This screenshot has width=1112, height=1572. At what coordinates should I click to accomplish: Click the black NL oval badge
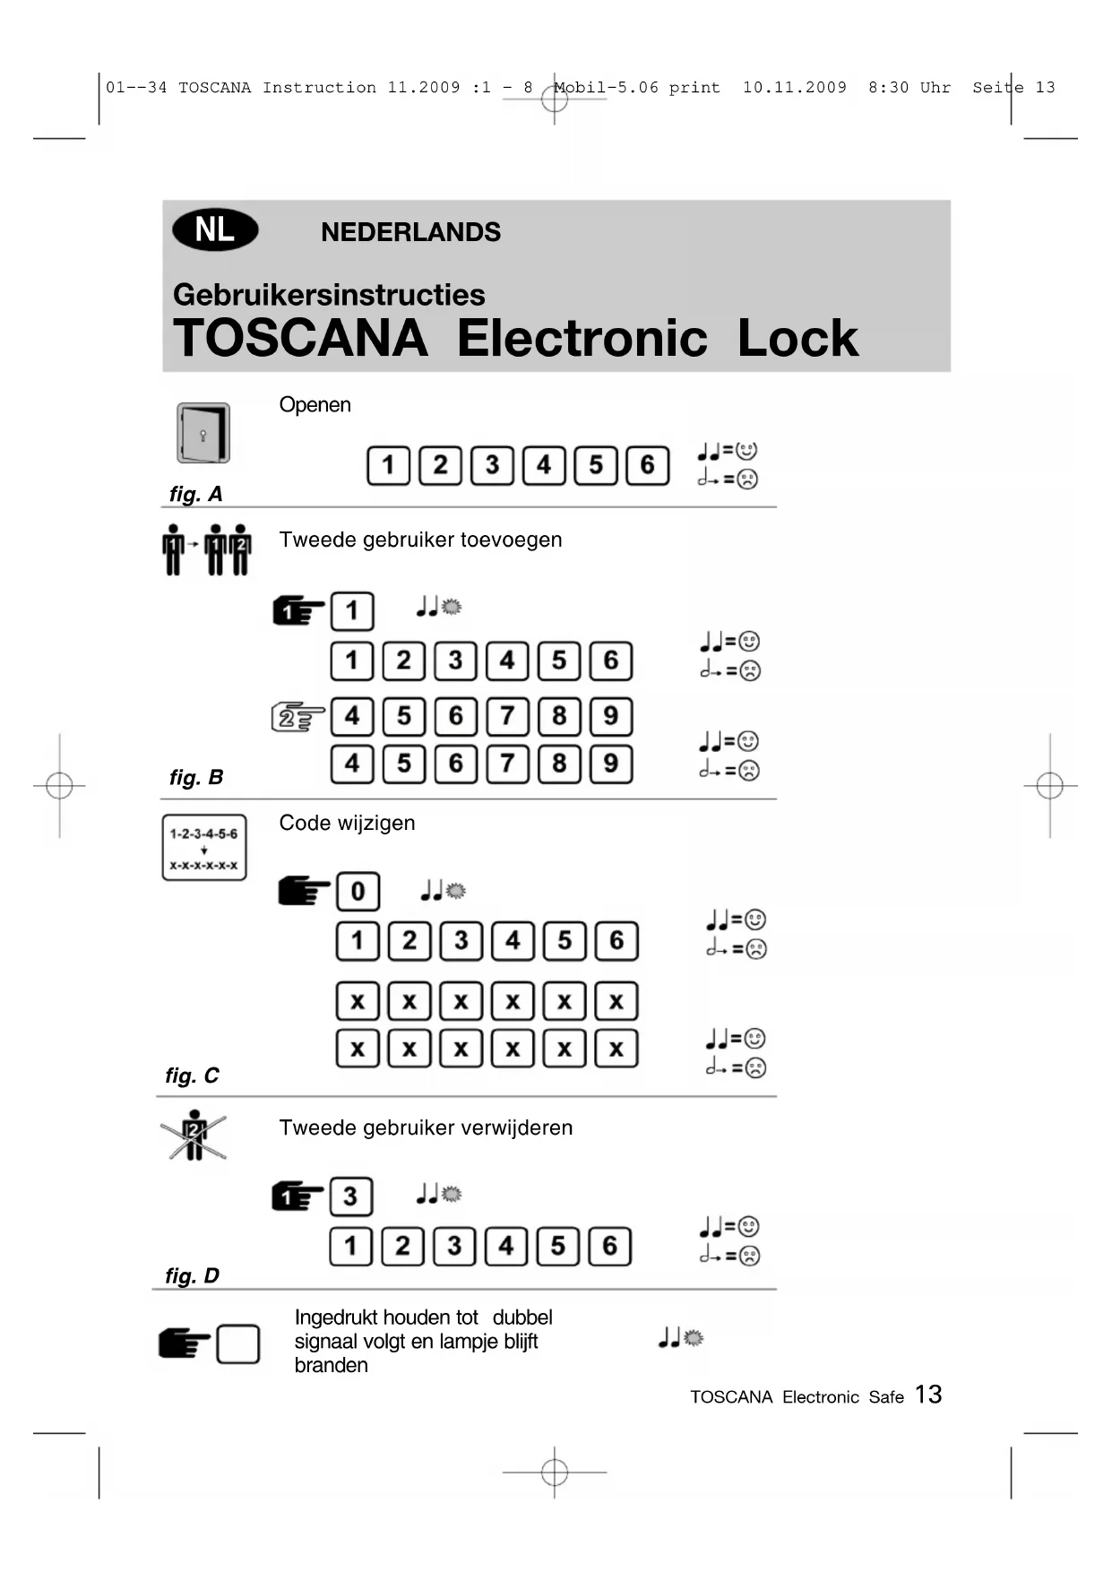tap(215, 230)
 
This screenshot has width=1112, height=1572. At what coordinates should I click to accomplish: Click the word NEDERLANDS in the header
tap(410, 232)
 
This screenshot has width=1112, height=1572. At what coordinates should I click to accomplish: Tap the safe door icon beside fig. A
tap(203, 433)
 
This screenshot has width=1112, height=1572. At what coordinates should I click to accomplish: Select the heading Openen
tap(315, 405)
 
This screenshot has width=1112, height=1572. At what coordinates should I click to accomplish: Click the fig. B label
tap(196, 777)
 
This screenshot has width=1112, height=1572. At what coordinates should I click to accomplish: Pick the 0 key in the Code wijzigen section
tap(358, 892)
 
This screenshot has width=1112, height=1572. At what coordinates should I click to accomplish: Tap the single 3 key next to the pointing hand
tap(350, 1196)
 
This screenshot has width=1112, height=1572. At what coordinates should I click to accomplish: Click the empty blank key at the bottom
tap(238, 1344)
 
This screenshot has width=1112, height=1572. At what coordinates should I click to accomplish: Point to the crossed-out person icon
tap(194, 1136)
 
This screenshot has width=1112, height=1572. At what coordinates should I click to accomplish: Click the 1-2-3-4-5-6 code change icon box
tap(204, 848)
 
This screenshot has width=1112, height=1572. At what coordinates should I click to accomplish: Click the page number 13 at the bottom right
tap(928, 1395)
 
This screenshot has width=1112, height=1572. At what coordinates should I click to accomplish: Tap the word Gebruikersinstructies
tap(329, 295)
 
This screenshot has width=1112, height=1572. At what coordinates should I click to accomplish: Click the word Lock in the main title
tap(797, 339)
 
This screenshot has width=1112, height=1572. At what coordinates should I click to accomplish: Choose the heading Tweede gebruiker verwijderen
tap(426, 1127)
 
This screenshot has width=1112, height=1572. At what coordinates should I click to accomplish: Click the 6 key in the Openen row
tap(647, 465)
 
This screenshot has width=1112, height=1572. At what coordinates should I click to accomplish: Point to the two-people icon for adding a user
tap(207, 549)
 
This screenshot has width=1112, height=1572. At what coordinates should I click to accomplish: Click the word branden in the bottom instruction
tap(331, 1365)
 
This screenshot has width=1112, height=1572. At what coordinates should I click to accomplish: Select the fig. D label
tap(192, 1275)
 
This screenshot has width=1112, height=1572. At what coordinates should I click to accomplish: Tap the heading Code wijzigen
tap(347, 823)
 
